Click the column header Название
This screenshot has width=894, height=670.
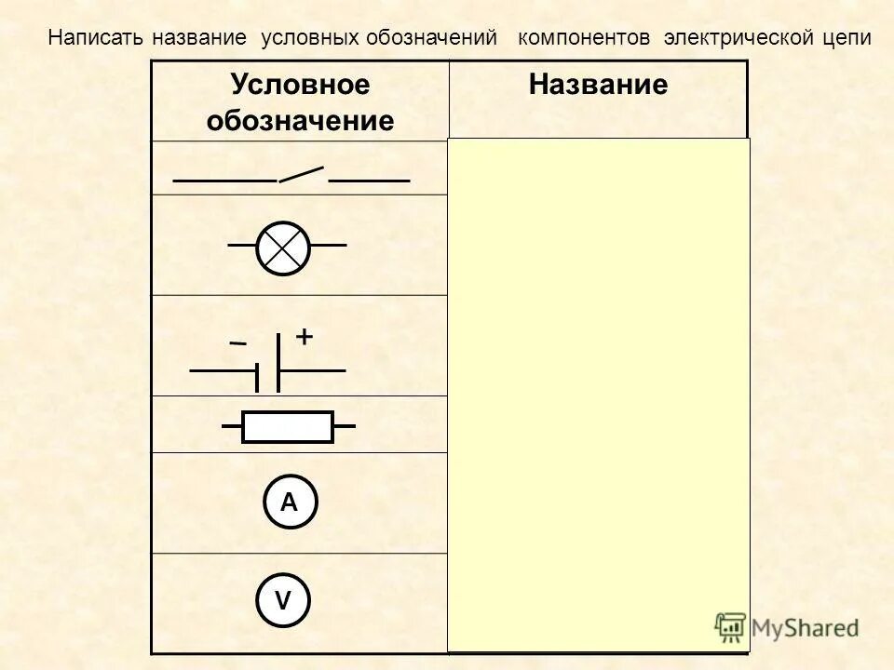point(598,86)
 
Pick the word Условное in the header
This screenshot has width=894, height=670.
point(301,86)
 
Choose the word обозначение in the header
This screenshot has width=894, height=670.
point(301,121)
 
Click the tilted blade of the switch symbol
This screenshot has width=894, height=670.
point(302,173)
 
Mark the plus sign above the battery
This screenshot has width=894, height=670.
point(305,338)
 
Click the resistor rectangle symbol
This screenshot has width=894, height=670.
point(288,427)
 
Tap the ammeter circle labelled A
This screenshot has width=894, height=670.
point(289,502)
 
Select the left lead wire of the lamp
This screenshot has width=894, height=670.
point(242,246)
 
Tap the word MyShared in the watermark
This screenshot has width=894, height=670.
point(805,628)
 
